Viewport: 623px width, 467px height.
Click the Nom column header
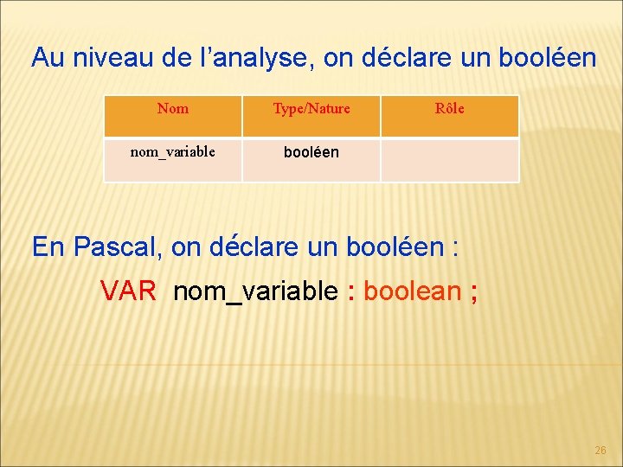[x=173, y=109]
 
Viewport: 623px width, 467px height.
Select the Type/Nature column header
[x=311, y=109]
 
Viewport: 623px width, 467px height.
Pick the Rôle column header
[x=449, y=109]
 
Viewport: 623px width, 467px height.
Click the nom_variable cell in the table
[x=173, y=152]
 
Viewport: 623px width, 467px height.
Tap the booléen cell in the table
[x=311, y=153]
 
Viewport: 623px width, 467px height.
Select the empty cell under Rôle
[x=449, y=160]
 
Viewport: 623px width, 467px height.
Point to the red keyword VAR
[x=128, y=291]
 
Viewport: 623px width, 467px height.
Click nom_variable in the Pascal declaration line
[x=255, y=292]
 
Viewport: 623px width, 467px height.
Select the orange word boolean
[x=412, y=291]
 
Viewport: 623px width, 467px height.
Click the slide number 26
[x=601, y=451]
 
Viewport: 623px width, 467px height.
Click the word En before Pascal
[x=48, y=247]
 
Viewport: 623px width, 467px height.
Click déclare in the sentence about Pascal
[x=246, y=247]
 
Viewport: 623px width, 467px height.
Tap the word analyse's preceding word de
[x=177, y=58]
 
